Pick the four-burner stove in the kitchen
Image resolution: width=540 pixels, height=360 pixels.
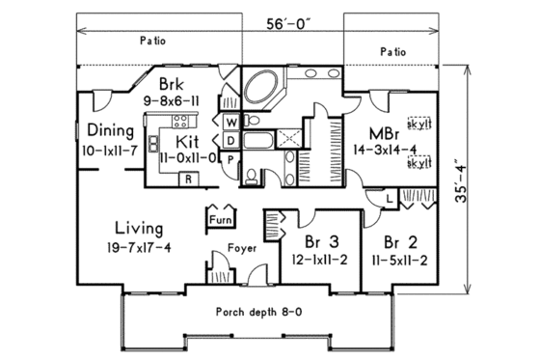pyautogui.click(x=179, y=122)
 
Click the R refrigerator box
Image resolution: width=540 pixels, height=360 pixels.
pyautogui.click(x=189, y=180)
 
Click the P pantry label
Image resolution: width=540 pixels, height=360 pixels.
pyautogui.click(x=231, y=159)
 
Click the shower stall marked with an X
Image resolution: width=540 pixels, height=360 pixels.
pyautogui.click(x=286, y=139)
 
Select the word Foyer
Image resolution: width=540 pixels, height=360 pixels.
pyautogui.click(x=241, y=248)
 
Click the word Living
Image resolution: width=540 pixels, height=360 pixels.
pyautogui.click(x=139, y=229)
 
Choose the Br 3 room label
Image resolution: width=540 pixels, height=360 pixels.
pyautogui.click(x=312, y=238)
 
